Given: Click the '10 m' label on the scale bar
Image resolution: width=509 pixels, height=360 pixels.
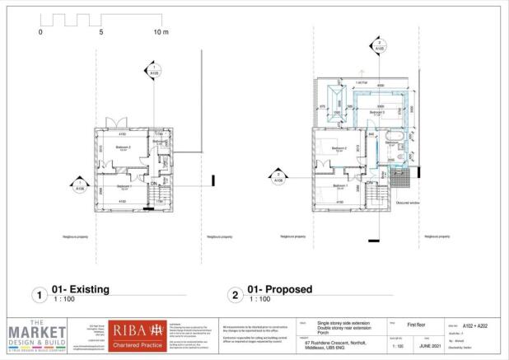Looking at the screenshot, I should [160, 32].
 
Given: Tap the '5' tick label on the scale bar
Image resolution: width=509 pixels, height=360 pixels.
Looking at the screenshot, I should [100, 32].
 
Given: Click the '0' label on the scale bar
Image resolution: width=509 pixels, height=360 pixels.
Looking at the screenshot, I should [40, 32].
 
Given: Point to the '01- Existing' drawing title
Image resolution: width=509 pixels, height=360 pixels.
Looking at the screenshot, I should [80, 290].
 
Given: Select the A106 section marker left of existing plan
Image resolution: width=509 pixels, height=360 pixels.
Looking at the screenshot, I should [80, 184].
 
